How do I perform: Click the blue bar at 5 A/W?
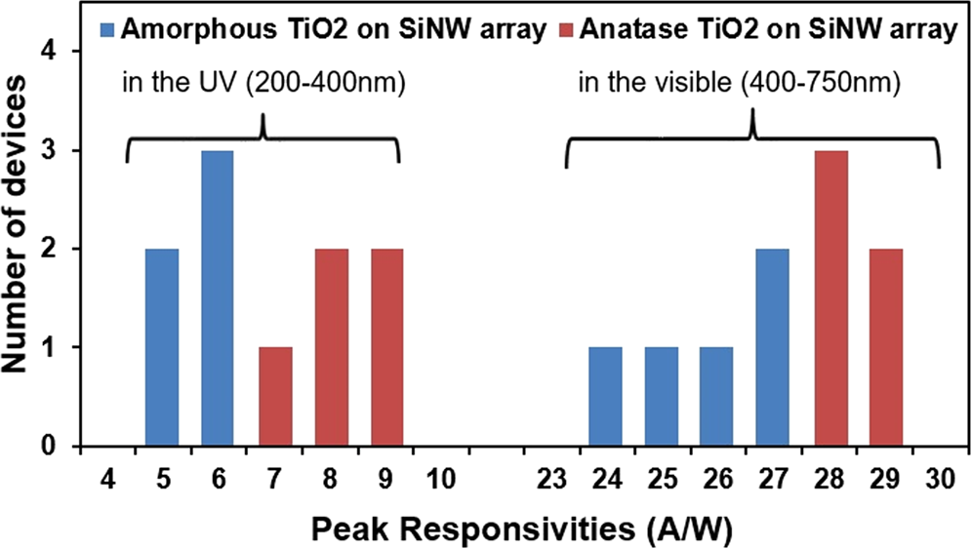[x=162, y=347]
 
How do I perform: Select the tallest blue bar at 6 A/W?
[x=218, y=298]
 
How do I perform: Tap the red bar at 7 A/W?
[x=274, y=397]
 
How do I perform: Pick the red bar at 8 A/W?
[x=331, y=347]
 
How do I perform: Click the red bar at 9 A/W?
[x=386, y=347]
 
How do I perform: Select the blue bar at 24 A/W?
[x=605, y=397]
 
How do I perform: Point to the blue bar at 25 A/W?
[x=661, y=397]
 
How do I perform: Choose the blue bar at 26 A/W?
[x=716, y=397]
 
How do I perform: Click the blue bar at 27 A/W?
[x=772, y=347]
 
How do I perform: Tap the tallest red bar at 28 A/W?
[x=829, y=298]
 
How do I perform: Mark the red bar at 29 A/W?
[x=885, y=347]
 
